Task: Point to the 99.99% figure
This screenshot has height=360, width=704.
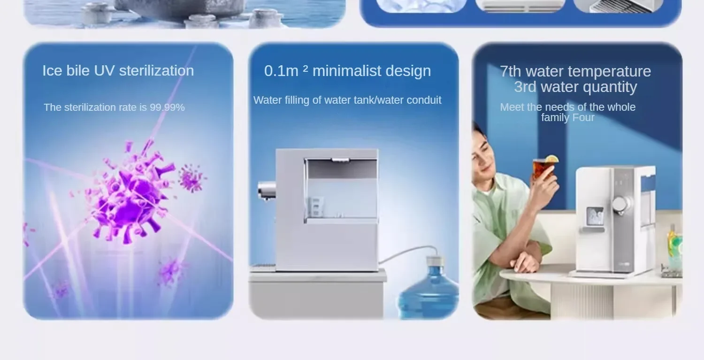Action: [167, 107]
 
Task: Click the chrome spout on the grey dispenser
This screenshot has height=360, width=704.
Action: [266, 191]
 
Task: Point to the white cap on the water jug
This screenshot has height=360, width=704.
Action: [435, 261]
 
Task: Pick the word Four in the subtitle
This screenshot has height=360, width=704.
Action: [583, 117]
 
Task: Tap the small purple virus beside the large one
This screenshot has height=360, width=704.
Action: [191, 178]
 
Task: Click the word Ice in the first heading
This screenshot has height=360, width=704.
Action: [53, 71]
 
